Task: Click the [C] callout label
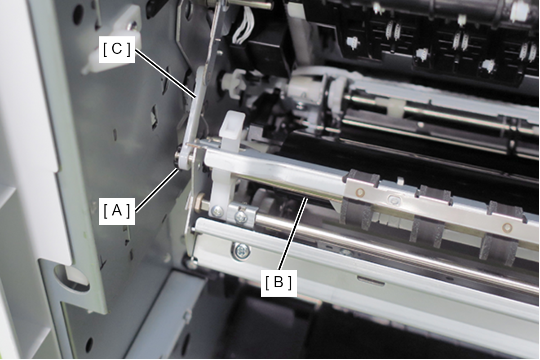[x=117, y=50]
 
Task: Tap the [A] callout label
[x=117, y=211]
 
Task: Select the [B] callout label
[x=279, y=283]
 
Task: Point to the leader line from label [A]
[x=157, y=190]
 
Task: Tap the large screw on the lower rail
[x=241, y=252]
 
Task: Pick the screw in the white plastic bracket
[x=217, y=211]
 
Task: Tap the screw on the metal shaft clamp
[x=241, y=217]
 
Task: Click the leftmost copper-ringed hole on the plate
[x=360, y=193]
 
